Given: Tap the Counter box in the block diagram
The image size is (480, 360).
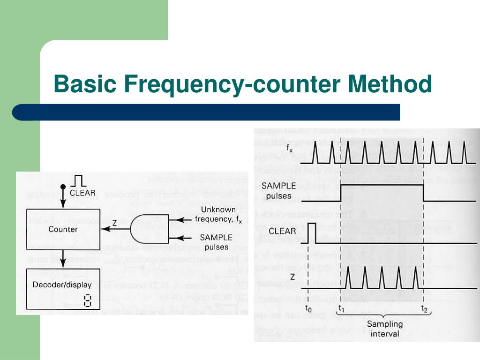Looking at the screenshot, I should click(63, 229).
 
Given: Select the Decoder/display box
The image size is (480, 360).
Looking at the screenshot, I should click(63, 290).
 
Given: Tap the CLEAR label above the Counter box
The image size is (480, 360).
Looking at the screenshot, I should click(82, 192).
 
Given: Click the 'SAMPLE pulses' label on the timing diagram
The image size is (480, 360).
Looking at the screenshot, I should click(279, 190).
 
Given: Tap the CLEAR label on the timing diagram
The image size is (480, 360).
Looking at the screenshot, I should click(282, 231).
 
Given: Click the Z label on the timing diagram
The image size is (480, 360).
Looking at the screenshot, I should click(293, 276).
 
